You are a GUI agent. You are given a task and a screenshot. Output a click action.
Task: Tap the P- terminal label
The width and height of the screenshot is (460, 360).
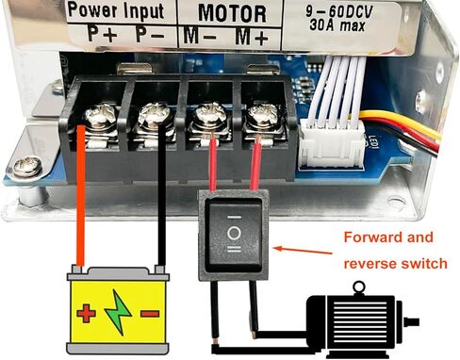click(x=149, y=34)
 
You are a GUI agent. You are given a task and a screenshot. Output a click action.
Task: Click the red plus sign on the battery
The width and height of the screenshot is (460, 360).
click(x=87, y=312)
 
